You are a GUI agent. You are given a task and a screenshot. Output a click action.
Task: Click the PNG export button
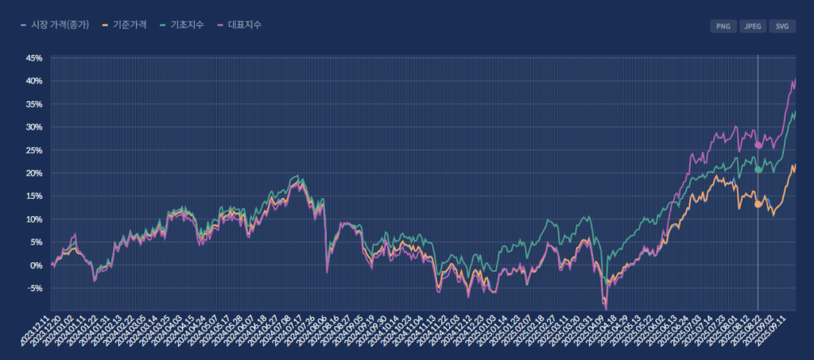pos(723,26)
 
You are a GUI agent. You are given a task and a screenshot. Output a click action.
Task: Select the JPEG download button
pos(752,26)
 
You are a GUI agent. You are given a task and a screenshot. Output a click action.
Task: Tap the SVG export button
pos(782,26)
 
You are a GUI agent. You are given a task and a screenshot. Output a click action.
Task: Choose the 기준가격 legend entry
pos(126,25)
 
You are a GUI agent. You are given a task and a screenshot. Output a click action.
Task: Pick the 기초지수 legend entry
pos(182,25)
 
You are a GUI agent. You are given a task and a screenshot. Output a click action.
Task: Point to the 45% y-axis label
pos(34,58)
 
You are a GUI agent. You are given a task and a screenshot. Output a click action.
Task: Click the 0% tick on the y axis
pos(37,265)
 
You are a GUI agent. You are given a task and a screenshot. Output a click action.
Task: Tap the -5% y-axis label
pos(35,288)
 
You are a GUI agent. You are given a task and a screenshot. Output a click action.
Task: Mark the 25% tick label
pos(34,150)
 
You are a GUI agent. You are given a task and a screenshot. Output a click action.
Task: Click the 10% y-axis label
pos(34,219)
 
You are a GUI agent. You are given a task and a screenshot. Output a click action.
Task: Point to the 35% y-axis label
pos(34,104)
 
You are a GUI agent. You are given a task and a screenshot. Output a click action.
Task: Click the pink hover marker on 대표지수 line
pos(758,145)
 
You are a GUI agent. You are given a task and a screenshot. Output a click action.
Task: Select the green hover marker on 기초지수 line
pos(758,169)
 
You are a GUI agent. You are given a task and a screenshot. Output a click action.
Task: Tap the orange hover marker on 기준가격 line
pos(758,204)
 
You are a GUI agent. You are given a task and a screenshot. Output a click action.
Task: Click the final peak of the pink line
pos(794,79)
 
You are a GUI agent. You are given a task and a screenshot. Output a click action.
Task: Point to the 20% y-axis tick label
pos(34,173)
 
